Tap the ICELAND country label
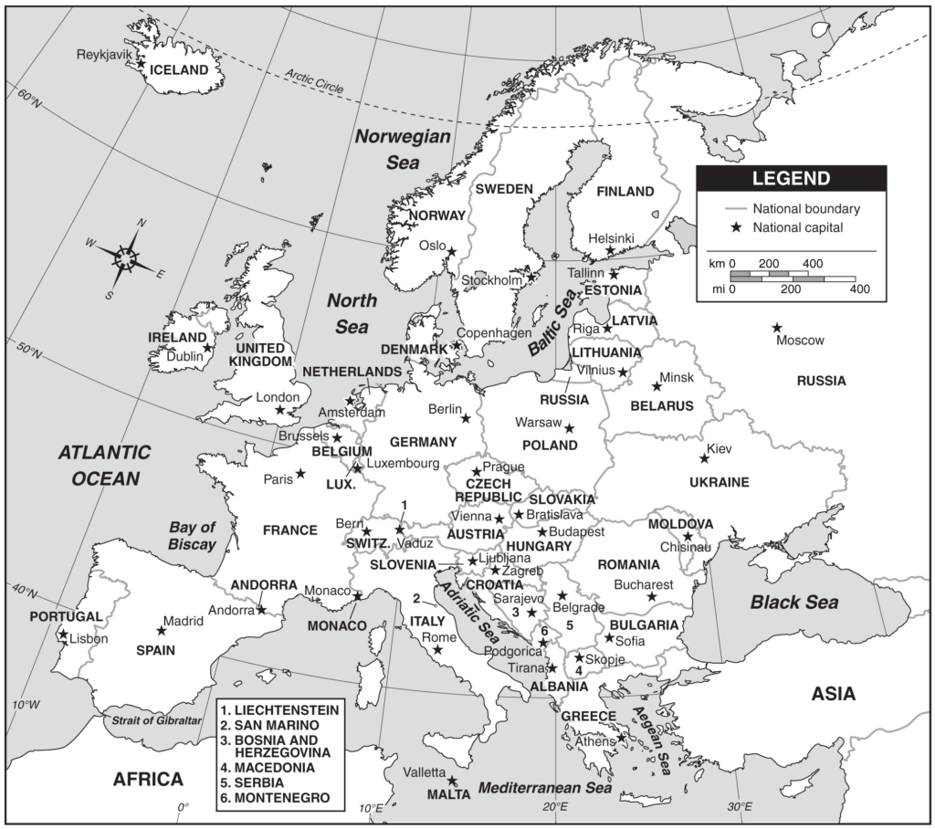tap(179, 69)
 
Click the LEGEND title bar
tap(791, 178)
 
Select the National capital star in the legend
tap(733, 227)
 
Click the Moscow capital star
tap(777, 328)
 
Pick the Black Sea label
tap(793, 603)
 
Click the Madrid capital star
tap(162, 630)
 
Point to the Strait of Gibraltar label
tap(156, 720)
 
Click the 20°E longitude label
tap(554, 807)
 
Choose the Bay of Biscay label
tap(192, 536)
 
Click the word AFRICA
tap(148, 779)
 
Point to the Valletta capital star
tap(452, 781)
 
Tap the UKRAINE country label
tap(720, 482)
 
